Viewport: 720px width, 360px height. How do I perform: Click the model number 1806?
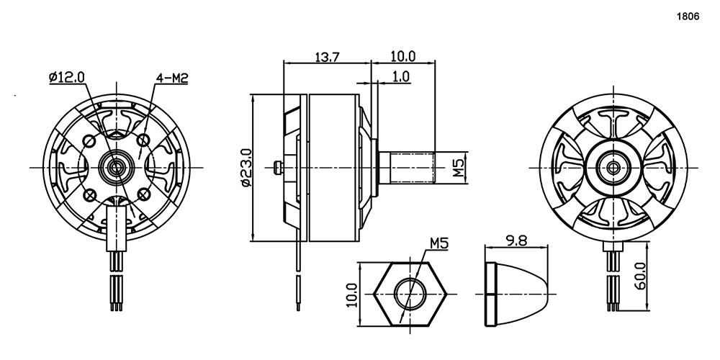688,17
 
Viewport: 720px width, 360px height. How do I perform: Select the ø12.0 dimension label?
66,77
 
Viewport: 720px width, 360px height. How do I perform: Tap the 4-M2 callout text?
172,78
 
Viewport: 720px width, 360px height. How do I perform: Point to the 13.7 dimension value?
327,57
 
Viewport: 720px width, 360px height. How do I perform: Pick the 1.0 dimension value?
401,76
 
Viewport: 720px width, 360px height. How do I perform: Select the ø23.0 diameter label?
246,168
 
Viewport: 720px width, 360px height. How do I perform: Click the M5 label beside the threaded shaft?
459,167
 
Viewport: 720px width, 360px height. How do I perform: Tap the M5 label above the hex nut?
439,243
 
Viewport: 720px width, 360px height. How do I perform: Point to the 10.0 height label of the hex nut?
352,294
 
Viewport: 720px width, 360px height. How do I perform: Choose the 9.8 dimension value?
516,240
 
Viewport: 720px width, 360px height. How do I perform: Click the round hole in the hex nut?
410,294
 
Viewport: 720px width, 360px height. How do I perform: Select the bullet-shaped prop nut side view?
516,294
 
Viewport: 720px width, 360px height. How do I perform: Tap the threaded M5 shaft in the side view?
407,168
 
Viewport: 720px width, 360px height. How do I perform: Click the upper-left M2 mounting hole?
89,140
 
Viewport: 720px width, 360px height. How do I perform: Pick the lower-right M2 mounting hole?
144,195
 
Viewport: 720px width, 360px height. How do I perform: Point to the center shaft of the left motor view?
117,167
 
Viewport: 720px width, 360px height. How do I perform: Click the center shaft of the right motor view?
613,168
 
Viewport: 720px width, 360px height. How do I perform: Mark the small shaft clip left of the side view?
277,168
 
